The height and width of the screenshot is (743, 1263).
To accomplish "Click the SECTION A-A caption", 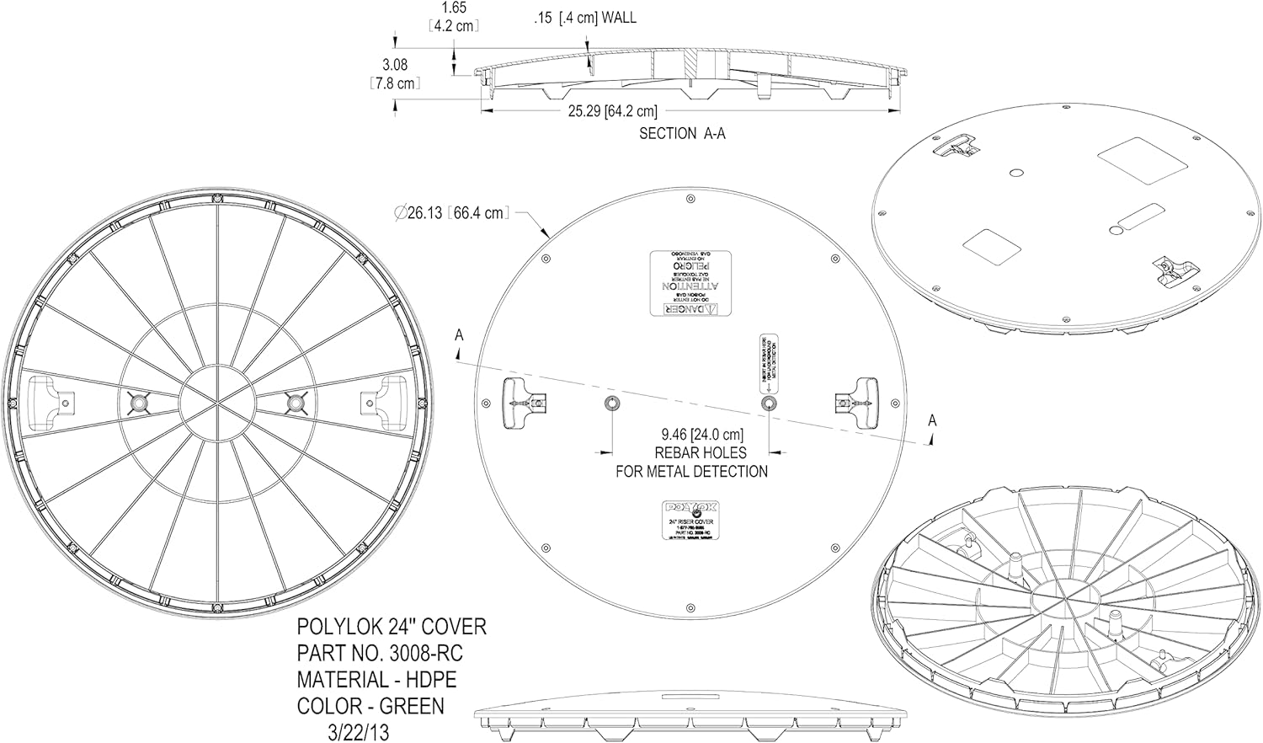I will [x=681, y=133].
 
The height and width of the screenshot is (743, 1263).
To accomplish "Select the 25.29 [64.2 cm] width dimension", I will [x=611, y=111].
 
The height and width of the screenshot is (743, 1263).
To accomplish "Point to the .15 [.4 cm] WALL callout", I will [x=585, y=18].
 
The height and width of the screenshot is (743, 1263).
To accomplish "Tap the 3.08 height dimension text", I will [x=394, y=65].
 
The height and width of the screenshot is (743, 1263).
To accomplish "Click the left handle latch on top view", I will [x=520, y=404].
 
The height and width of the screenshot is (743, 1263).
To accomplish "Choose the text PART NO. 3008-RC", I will [x=380, y=653].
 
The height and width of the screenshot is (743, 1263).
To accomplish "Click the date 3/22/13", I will [x=358, y=730].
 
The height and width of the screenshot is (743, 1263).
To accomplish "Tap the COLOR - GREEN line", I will [x=370, y=705].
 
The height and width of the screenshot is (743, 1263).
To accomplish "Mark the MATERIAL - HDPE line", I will [x=376, y=679].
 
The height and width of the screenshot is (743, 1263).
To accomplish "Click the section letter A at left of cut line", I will [x=459, y=335].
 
